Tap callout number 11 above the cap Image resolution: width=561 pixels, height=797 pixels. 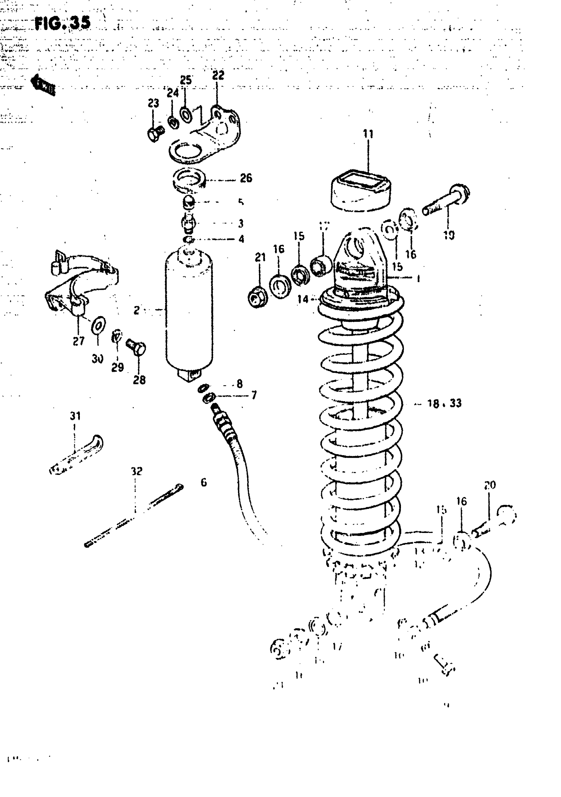[368, 134]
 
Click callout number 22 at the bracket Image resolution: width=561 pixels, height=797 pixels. [218, 75]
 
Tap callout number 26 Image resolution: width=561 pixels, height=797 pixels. [246, 179]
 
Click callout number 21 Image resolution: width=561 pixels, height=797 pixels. [260, 257]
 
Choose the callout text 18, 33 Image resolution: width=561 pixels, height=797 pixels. [445, 403]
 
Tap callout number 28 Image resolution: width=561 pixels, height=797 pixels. [139, 380]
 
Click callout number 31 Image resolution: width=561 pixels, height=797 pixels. [75, 416]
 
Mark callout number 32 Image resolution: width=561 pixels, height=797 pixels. [136, 471]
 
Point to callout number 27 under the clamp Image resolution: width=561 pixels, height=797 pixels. [79, 341]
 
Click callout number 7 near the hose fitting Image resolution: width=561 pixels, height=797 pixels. [254, 395]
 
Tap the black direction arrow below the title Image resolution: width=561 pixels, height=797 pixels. [43, 85]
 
